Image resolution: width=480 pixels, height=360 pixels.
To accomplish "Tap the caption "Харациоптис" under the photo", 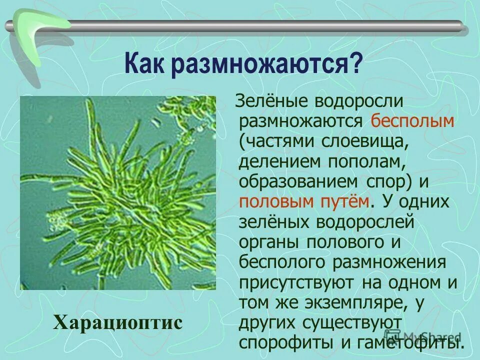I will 118,321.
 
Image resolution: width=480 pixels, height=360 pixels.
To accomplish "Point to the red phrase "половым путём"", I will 305,200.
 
